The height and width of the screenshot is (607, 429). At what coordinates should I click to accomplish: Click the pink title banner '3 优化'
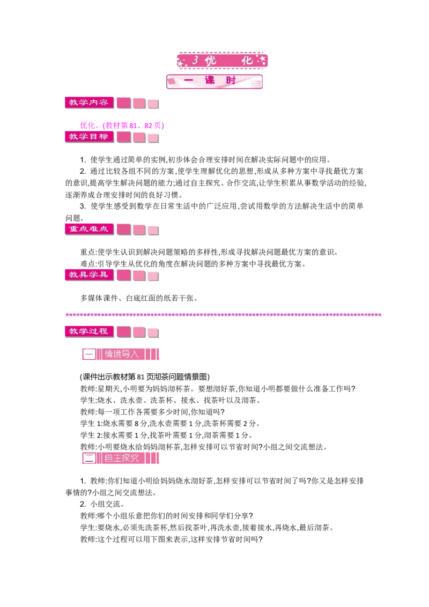(222, 60)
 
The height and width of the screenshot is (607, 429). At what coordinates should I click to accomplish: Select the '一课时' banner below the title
(214, 81)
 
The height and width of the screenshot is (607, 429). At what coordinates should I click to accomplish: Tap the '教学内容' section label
(89, 102)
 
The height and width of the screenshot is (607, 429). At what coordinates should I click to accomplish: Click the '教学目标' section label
(89, 137)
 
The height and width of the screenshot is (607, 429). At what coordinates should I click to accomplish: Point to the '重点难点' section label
(89, 229)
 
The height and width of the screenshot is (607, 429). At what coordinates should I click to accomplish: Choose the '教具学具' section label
(89, 275)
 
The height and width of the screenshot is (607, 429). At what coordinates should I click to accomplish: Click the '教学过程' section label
(89, 331)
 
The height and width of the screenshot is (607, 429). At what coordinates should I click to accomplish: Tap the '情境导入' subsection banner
(121, 354)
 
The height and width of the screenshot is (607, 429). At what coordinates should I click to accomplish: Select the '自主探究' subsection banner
(121, 458)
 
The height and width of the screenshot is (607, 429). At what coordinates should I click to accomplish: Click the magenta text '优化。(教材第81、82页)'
(122, 125)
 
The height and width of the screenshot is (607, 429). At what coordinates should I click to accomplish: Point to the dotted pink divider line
(224, 315)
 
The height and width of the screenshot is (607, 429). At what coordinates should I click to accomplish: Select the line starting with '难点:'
(193, 264)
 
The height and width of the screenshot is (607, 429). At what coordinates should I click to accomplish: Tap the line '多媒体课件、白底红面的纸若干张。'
(139, 298)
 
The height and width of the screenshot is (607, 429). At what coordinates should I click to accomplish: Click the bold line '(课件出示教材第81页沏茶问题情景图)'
(145, 377)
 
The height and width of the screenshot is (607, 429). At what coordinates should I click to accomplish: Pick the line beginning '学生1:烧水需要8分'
(170, 424)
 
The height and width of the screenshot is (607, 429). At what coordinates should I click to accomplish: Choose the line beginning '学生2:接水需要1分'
(166, 435)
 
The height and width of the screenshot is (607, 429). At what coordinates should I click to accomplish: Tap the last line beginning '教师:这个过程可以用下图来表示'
(172, 539)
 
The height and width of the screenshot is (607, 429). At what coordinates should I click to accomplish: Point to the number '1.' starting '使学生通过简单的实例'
(83, 159)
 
